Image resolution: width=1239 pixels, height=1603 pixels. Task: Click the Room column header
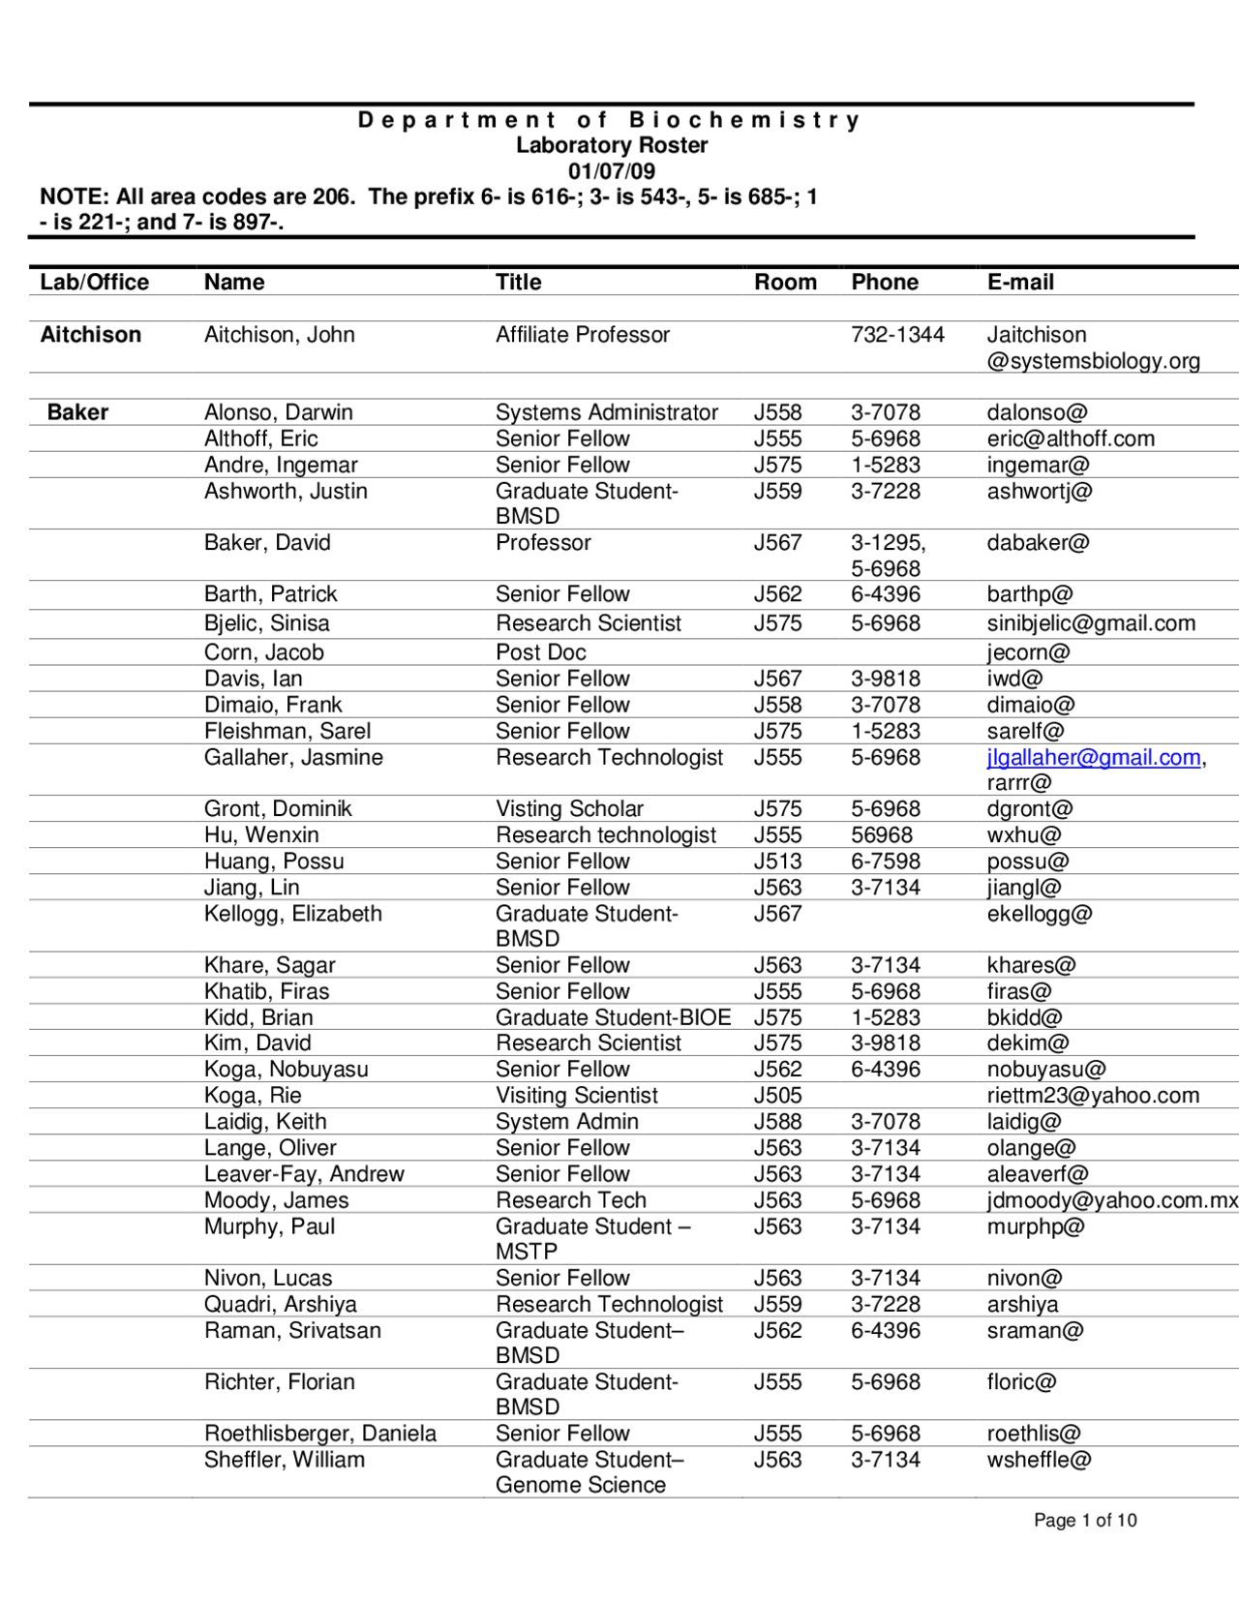[785, 282]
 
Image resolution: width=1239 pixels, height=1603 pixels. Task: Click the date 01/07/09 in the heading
[611, 171]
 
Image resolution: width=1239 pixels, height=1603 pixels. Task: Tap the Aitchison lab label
[90, 335]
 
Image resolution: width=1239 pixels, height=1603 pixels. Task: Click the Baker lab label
[77, 412]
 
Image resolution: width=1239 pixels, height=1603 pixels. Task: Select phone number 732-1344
[897, 335]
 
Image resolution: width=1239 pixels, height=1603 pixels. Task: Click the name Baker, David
[267, 543]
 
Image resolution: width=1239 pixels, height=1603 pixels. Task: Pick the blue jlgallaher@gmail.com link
[1093, 758]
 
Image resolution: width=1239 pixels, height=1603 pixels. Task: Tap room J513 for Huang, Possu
[777, 862]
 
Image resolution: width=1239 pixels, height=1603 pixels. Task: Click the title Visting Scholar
[569, 809]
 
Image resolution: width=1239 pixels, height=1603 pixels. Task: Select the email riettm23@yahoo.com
[1093, 1096]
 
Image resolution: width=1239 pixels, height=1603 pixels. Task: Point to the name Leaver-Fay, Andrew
[304, 1174]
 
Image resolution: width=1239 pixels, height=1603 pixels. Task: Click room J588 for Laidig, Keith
[777, 1122]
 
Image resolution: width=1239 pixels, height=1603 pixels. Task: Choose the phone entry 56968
[882, 835]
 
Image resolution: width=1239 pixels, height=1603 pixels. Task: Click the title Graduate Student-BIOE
[613, 1017]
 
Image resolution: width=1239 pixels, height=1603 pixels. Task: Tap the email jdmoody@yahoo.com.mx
[1111, 1200]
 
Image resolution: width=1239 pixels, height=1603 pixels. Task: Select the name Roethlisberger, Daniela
[319, 1434]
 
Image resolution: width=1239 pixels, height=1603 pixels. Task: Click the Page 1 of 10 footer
[1084, 1521]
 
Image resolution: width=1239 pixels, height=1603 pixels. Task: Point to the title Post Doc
[540, 652]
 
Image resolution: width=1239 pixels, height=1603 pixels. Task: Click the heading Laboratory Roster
[611, 145]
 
